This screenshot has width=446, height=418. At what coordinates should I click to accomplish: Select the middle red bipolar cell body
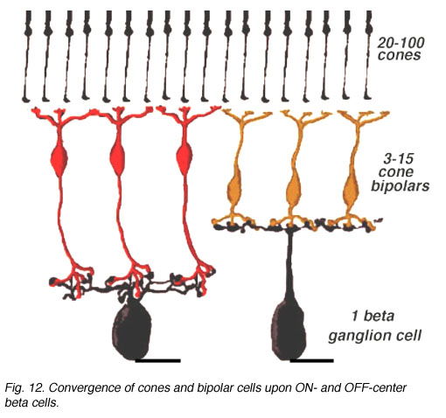[x=118, y=159]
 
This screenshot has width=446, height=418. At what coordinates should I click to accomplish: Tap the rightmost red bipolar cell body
[x=185, y=159]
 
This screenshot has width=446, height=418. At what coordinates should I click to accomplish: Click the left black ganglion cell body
[x=132, y=330]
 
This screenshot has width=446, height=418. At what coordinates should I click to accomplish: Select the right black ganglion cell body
[x=289, y=330]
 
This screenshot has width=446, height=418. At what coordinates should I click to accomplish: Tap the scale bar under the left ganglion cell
[x=157, y=361]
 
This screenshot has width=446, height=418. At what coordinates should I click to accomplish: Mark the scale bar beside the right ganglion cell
[x=311, y=361]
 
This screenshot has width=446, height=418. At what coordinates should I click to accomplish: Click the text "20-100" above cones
[x=401, y=43]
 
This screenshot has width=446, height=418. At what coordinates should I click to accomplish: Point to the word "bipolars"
[x=400, y=185]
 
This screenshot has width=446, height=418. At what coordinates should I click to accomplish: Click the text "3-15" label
[x=398, y=159]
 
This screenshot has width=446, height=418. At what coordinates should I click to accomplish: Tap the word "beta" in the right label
[x=379, y=316]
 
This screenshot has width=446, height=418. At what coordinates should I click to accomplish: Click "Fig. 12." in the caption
[x=24, y=388]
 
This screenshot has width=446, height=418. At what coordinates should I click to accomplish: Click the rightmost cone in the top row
[x=368, y=55]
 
